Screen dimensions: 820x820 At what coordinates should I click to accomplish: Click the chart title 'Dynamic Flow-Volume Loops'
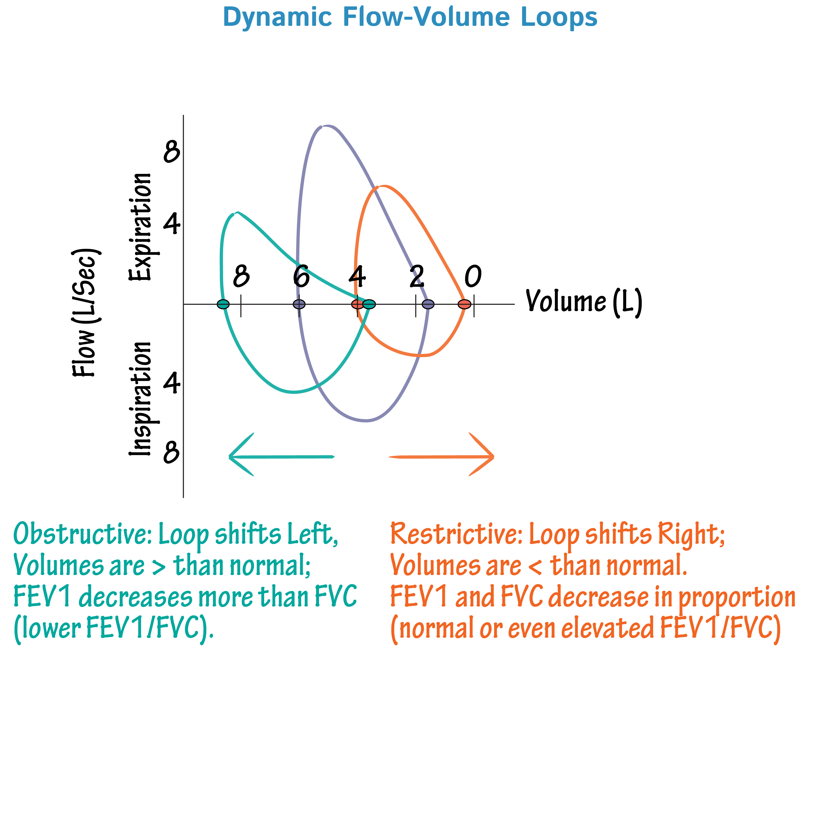tap(410, 18)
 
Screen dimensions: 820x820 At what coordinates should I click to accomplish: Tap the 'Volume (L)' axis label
tap(584, 302)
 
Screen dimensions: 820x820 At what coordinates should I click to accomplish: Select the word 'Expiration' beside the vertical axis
tap(140, 227)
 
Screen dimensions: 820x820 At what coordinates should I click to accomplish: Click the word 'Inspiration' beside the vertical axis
tap(140, 399)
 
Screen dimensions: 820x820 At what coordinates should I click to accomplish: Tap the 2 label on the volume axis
tap(417, 276)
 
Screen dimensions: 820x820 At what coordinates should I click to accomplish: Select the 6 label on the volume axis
tap(301, 276)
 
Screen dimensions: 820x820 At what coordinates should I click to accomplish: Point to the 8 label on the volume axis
tap(242, 276)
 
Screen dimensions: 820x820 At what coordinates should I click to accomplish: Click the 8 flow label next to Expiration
tap(171, 152)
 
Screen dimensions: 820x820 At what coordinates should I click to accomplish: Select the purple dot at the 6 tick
tap(299, 304)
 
